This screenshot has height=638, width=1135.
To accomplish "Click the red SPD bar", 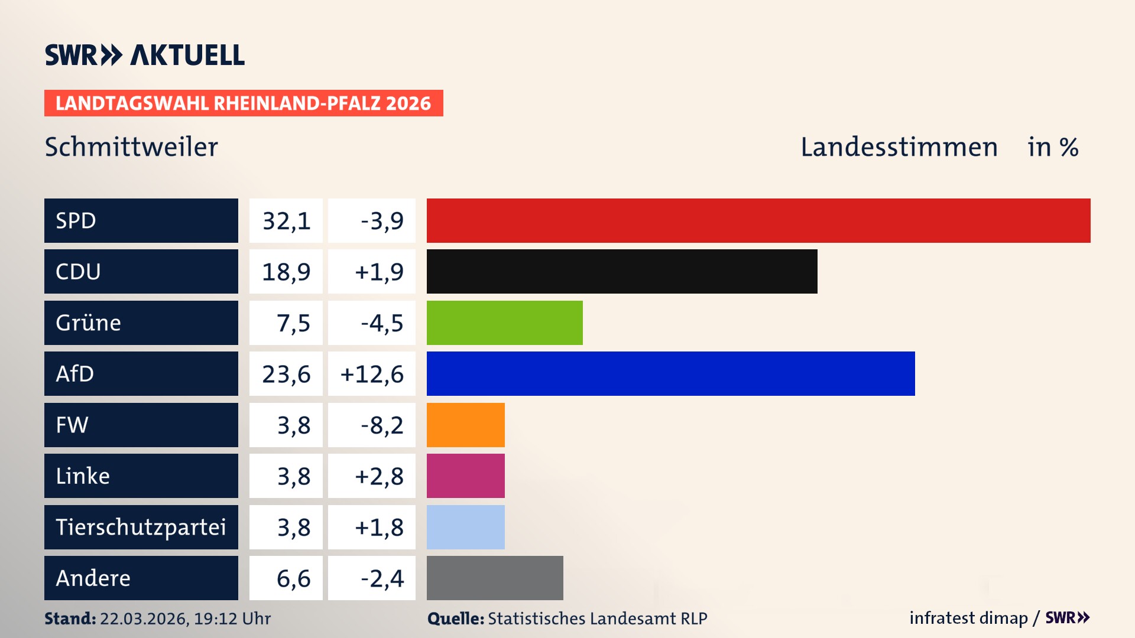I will [x=758, y=220].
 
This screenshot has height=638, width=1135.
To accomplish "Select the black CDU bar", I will [x=622, y=271].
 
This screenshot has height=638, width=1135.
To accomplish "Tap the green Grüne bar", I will [x=504, y=323].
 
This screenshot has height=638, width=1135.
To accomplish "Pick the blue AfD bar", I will [x=670, y=373].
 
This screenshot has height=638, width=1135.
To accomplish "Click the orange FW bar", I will [x=465, y=425].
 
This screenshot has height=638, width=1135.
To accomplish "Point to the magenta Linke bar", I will [x=465, y=476].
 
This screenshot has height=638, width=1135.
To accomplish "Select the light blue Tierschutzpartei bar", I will [x=465, y=527].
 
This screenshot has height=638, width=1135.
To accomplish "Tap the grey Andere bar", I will [x=494, y=578].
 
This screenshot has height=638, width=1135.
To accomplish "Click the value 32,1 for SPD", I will [x=286, y=221].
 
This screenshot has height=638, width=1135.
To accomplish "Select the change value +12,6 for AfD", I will [x=372, y=374].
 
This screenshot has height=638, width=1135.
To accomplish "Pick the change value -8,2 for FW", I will [x=382, y=425].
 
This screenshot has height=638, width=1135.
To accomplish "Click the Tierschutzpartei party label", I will [x=141, y=527].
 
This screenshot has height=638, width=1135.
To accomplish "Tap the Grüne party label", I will [x=89, y=323].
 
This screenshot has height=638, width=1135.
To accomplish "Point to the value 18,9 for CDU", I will [x=286, y=272].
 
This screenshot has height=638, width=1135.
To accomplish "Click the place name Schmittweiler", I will [x=131, y=147].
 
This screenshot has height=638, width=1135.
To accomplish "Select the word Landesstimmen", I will [x=899, y=147].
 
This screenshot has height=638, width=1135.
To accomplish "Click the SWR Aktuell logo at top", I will [x=145, y=55].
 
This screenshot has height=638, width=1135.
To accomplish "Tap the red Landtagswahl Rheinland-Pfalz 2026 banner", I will [x=243, y=103].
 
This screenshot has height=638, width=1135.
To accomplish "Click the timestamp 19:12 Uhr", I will [x=232, y=619].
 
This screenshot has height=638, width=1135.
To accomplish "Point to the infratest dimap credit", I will [x=968, y=618].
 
